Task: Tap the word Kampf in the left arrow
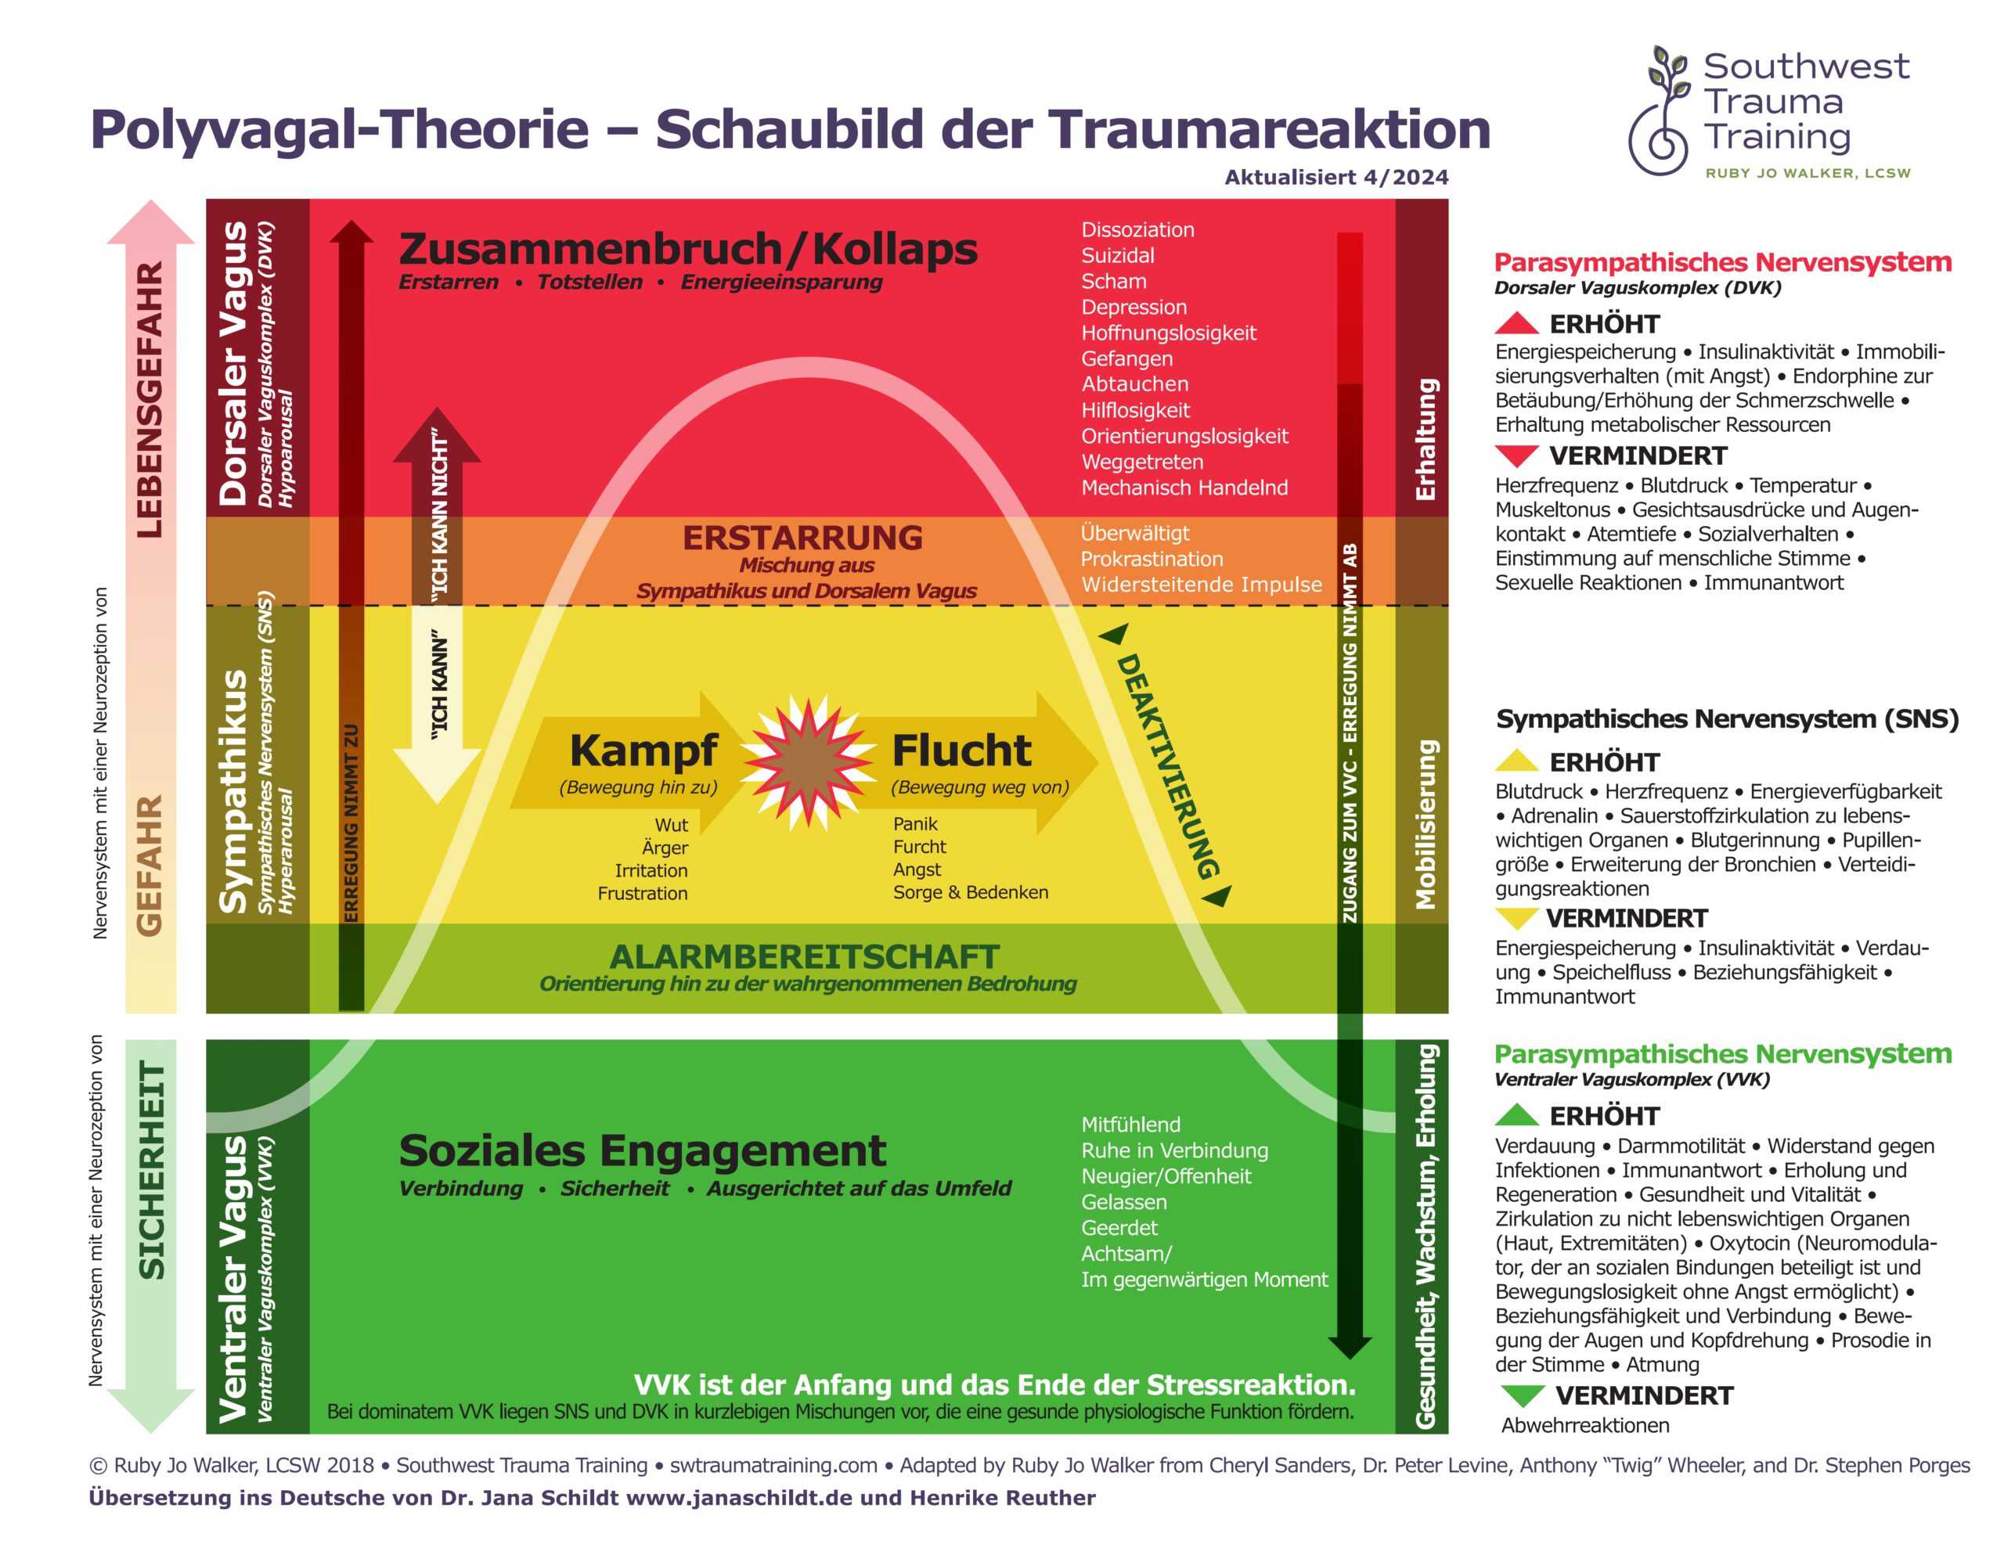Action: tap(643, 750)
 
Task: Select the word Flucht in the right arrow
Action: tap(961, 750)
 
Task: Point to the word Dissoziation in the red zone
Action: tap(1137, 229)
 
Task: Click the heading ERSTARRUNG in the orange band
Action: tap(803, 538)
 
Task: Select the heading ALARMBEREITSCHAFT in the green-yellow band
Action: tap(804, 957)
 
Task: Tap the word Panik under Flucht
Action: tap(915, 824)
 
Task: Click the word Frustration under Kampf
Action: tap(643, 893)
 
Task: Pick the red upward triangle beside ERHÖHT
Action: tap(1517, 323)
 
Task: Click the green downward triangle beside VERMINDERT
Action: tap(1523, 1395)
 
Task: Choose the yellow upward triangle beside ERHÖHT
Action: tap(1517, 761)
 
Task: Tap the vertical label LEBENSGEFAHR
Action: tap(150, 400)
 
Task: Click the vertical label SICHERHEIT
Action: tap(151, 1170)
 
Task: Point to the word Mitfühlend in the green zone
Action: tap(1130, 1124)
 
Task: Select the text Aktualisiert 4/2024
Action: tap(1336, 177)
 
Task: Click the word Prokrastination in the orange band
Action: tap(1152, 559)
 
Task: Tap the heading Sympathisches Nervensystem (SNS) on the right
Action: tap(1727, 718)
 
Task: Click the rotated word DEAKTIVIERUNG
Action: tap(1167, 766)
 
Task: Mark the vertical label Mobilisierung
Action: tap(1425, 825)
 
